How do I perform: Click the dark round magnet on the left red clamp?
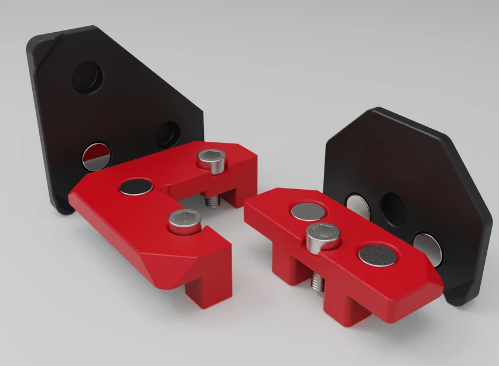point(136,187)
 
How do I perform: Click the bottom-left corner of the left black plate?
point(63,210)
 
